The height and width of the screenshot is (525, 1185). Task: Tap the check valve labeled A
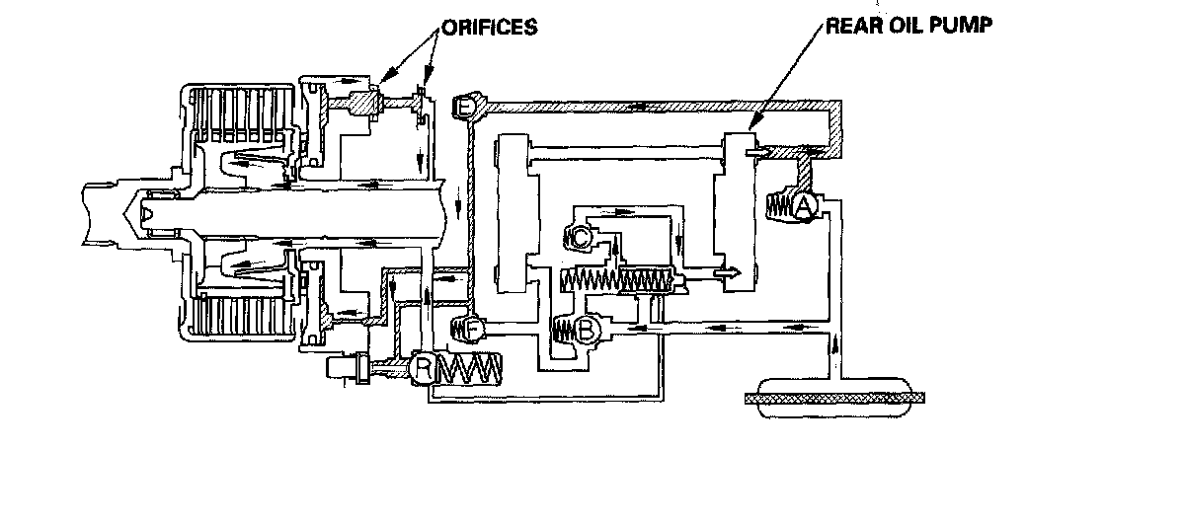803,206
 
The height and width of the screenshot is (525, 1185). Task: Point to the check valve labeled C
580,237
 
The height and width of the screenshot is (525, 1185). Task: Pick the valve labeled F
472,326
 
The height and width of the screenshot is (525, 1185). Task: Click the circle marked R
423,369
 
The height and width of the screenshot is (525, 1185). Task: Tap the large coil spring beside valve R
471,369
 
